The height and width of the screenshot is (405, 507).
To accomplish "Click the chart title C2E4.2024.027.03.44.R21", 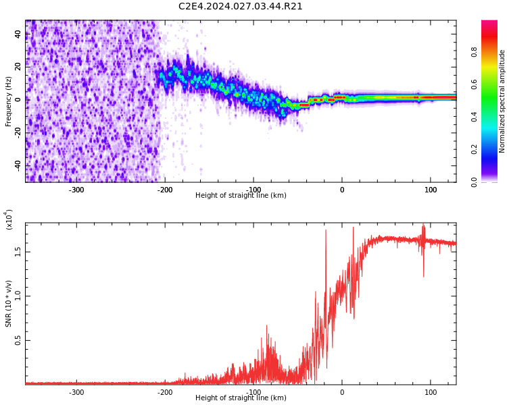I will click(x=240, y=7).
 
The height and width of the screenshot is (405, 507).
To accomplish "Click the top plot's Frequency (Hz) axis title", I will click(x=9, y=101).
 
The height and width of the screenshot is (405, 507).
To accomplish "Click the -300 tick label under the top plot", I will click(x=76, y=190).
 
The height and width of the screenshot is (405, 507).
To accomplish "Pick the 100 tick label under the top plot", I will click(x=430, y=190).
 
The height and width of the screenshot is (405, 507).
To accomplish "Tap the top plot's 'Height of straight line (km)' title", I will click(x=241, y=196).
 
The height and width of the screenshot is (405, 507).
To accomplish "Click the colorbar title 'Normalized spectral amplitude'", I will click(x=502, y=101).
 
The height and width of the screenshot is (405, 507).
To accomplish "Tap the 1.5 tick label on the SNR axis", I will click(x=18, y=251).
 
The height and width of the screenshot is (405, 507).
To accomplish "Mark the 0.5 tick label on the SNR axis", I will click(x=18, y=341).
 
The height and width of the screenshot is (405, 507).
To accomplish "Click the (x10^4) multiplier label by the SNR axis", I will click(x=9, y=219).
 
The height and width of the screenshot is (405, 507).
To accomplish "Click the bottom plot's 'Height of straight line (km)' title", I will click(x=241, y=398).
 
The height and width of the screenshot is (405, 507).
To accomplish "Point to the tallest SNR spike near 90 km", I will click(x=424, y=226).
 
